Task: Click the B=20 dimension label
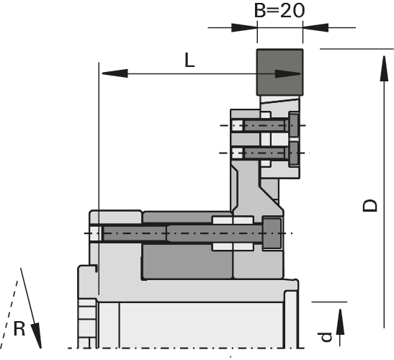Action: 279,10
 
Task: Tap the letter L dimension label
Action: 189,60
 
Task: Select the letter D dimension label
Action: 370,205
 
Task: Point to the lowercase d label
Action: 326,337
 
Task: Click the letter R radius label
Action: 19,329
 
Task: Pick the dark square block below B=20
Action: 279,72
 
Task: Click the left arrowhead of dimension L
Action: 115,73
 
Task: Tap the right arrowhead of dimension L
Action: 287,73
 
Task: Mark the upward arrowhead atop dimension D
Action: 384,68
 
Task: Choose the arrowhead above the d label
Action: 340,322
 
